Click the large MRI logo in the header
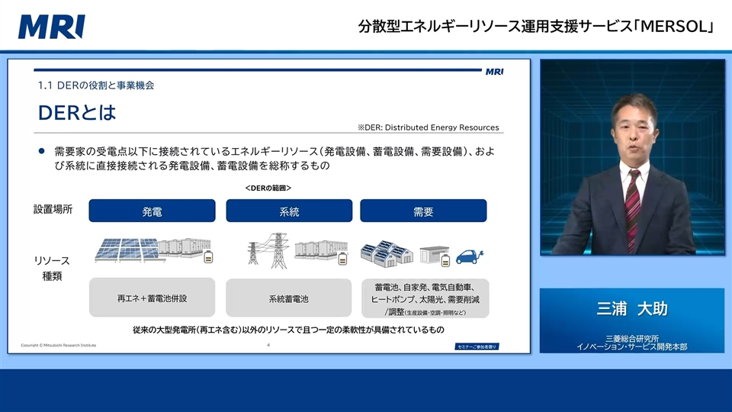52,27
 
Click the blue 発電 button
152,211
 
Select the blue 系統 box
289,211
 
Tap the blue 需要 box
423,211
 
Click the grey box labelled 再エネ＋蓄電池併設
152,298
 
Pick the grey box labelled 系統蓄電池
289,298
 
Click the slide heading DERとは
77,114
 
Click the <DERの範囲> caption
268,188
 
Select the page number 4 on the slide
268,346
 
